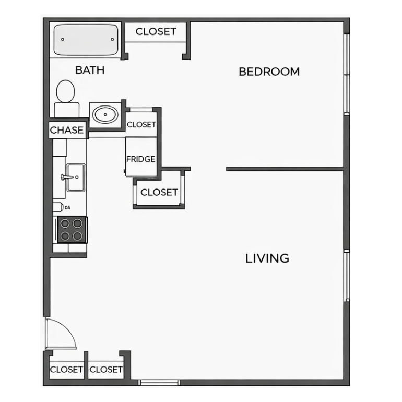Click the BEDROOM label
pos(269,72)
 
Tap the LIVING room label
pos(267,258)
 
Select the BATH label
pos(90,70)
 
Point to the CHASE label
pos(67,130)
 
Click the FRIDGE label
pos(141,159)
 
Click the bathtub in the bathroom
pos(86,40)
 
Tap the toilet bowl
pos(66,91)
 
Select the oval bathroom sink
pos(105,115)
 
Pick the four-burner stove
pos(72,230)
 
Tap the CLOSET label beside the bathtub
pos(156,32)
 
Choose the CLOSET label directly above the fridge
pos(141,125)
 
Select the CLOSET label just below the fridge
pos(159,192)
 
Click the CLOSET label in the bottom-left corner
pos(66,370)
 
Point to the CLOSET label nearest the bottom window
pos(106,370)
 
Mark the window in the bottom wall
pos(159,383)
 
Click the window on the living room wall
pos(347,276)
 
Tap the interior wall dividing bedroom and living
pos(285,169)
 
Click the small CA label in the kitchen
pos(67,207)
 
